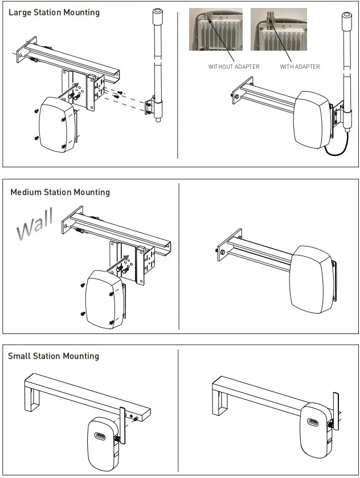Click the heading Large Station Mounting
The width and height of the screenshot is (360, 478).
click(54, 13)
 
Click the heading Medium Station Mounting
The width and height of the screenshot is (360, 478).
click(60, 192)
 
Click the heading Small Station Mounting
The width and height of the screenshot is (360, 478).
click(54, 356)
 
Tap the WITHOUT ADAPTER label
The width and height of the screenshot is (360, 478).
click(234, 67)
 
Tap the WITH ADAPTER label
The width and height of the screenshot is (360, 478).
click(300, 67)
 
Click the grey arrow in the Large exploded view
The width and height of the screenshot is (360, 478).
click(69, 90)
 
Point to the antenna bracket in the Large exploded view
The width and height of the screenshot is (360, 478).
click(151, 108)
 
